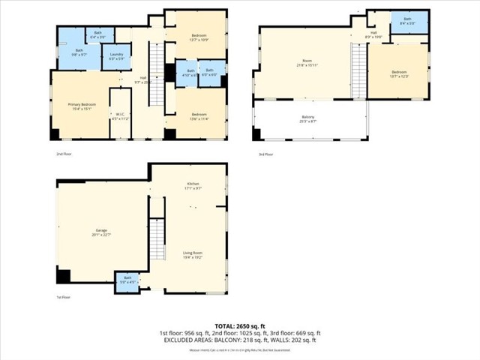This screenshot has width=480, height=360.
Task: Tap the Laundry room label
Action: (x=116, y=55)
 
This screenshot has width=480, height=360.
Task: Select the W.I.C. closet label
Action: (x=120, y=116)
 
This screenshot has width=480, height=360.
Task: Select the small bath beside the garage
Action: (x=126, y=280)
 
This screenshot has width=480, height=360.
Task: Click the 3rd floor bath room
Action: (x=407, y=21)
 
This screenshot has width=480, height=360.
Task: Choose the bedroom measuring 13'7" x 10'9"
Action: (x=199, y=37)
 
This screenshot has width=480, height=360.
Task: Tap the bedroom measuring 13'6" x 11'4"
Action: (x=199, y=115)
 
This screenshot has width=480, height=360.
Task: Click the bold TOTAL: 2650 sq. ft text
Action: (x=239, y=325)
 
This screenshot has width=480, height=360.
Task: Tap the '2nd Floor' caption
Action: (x=64, y=154)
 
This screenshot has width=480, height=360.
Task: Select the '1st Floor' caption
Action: (x=64, y=297)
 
